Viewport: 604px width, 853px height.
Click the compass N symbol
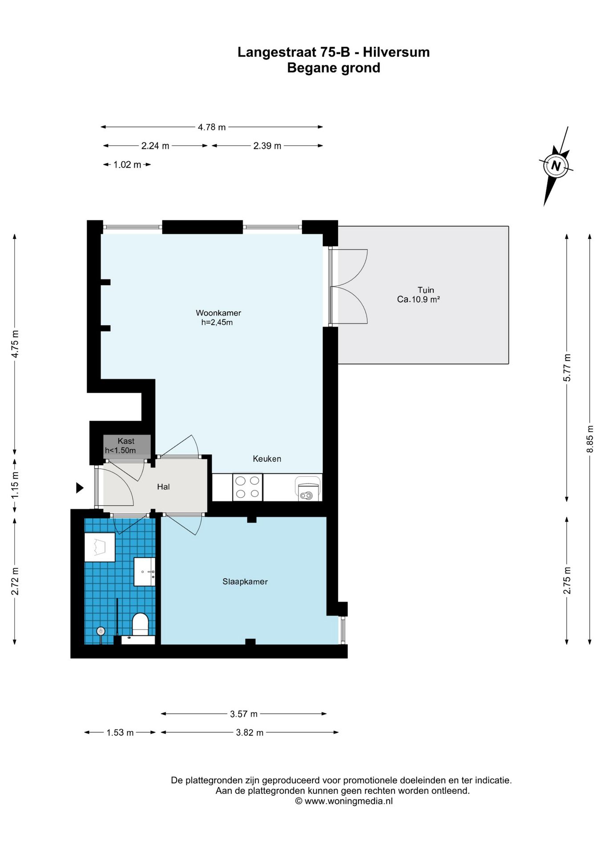pos(556,166)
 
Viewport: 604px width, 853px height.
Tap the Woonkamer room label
pos(218,313)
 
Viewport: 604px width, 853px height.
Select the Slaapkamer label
pos(245,582)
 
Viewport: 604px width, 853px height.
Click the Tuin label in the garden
pos(426,290)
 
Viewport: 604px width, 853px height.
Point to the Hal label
pos(163,487)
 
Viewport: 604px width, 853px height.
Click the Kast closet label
pos(126,441)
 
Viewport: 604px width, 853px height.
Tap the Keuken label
pos(267,459)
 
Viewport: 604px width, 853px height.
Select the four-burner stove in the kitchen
pos(248,487)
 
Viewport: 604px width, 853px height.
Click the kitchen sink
pos(308,489)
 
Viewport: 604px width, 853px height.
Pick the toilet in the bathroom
pos(141,625)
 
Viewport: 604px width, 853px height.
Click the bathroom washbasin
pos(145,572)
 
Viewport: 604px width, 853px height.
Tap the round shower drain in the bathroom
pos(101,631)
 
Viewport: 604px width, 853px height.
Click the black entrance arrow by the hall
pos(80,488)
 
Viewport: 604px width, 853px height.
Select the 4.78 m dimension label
pos(212,127)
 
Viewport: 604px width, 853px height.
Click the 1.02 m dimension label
pos(127,165)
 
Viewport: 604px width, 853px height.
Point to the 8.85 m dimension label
pos(590,439)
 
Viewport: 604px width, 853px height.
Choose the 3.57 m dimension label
pos(244,714)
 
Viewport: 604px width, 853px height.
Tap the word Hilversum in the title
pos(396,52)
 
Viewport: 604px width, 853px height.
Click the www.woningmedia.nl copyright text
pos(344,801)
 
